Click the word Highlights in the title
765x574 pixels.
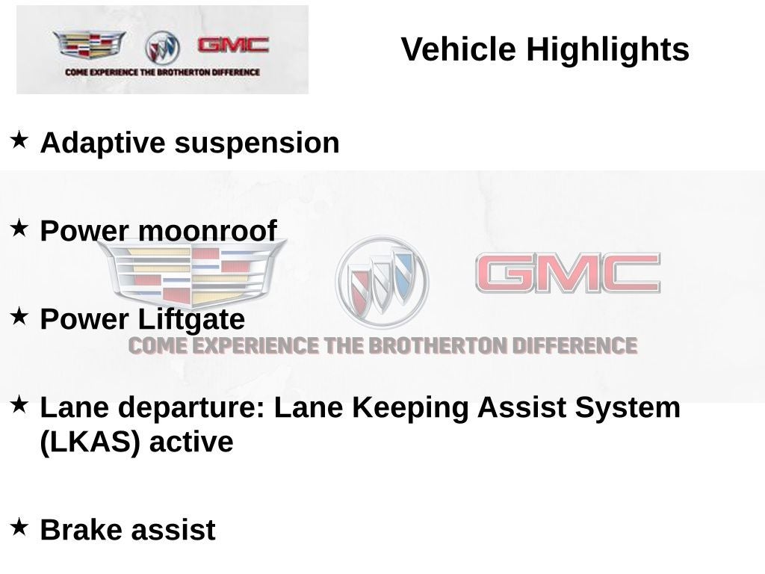pos(607,50)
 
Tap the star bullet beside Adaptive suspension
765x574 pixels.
pos(19,139)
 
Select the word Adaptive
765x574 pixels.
pos(103,143)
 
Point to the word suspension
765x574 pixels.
pos(257,143)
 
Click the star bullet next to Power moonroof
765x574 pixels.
pos(19,227)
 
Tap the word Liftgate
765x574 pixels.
pos(191,320)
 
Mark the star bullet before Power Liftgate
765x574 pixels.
pos(19,315)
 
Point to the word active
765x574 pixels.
pos(191,442)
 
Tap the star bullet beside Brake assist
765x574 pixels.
pos(19,526)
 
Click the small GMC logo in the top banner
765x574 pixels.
pos(233,46)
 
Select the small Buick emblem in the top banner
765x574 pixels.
pos(162,48)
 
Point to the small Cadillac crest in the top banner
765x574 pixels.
pos(89,45)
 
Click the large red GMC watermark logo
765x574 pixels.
pos(568,273)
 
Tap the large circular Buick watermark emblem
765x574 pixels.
pos(382,282)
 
